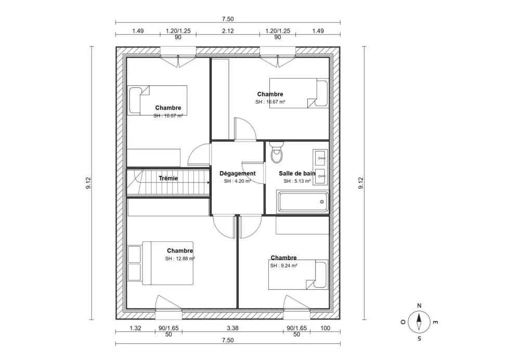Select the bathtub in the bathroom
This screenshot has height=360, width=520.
coord(303,202)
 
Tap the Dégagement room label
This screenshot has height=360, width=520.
coord(238,174)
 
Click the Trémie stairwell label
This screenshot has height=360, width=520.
coord(168,178)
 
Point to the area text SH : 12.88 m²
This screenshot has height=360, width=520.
coord(180,259)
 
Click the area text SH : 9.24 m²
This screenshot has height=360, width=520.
coord(283,265)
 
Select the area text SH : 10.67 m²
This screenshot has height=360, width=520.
coord(270,102)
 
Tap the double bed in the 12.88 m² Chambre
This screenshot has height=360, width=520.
coord(161,263)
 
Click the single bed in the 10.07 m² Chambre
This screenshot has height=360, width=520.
coord(158,100)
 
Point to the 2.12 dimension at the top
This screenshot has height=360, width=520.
coord(228,31)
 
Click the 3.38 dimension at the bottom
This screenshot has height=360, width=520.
coord(233,328)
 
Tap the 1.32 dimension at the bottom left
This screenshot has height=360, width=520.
coord(136,328)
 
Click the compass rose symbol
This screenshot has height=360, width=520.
coord(419,322)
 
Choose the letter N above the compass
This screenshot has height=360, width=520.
coord(419,306)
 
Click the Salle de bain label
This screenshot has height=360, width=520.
coord(297,174)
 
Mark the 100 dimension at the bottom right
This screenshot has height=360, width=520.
coord(325,328)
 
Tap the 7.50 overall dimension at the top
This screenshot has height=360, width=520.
coord(228,19)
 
